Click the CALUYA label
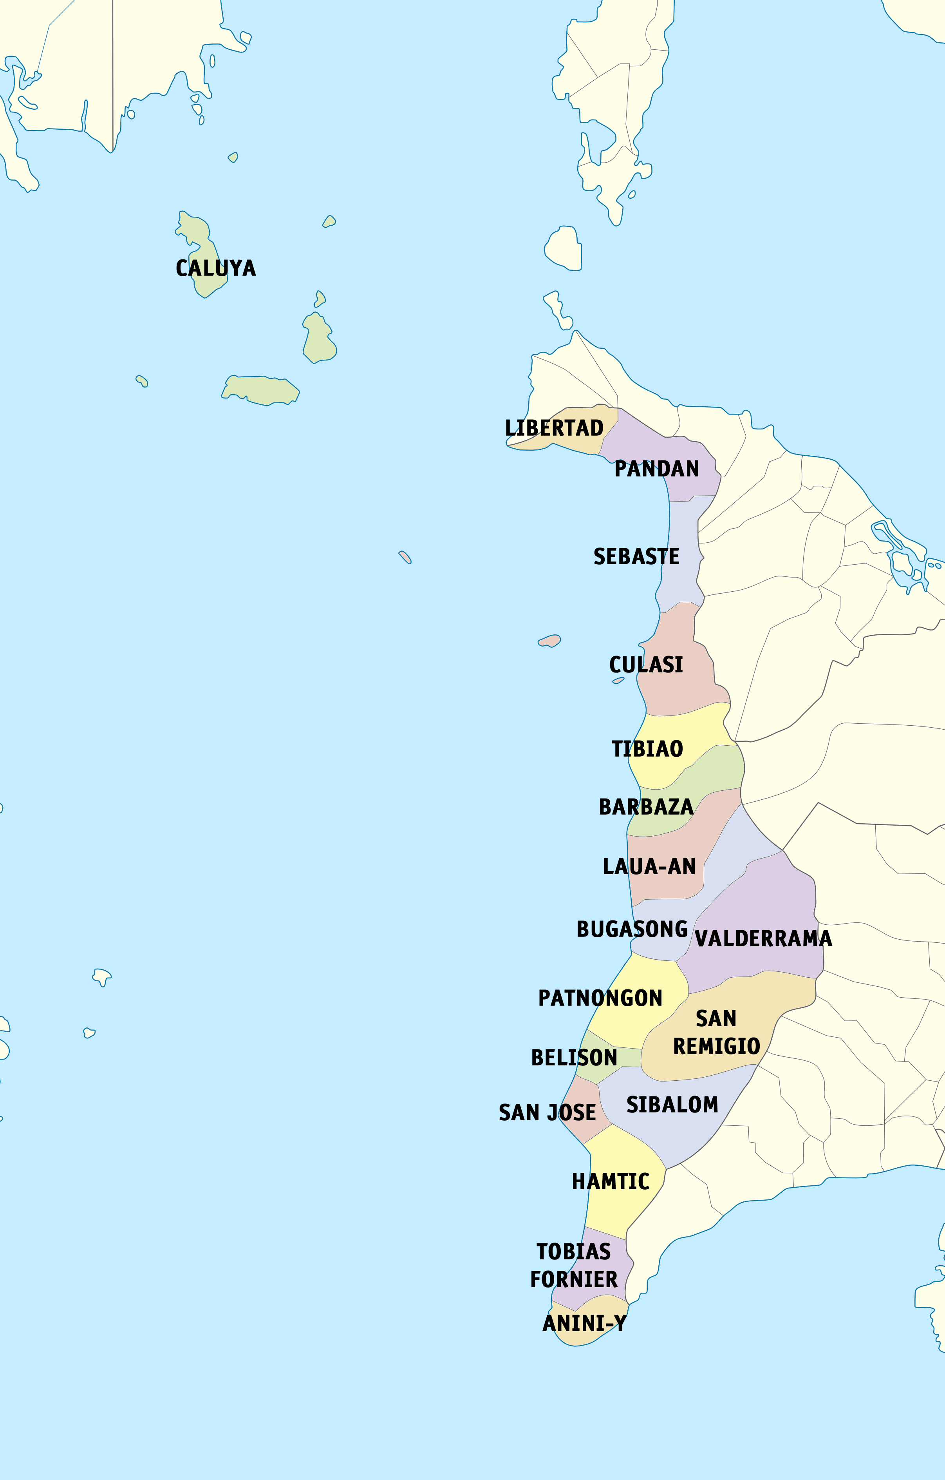click(216, 268)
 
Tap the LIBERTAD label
click(554, 428)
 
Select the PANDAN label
click(657, 469)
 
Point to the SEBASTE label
click(636, 557)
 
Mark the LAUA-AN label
click(649, 867)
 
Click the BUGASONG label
click(632, 929)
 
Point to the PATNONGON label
click(600, 998)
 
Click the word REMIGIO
click(716, 1046)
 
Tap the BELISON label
click(574, 1058)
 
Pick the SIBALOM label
click(672, 1105)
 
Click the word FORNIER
click(573, 1280)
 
